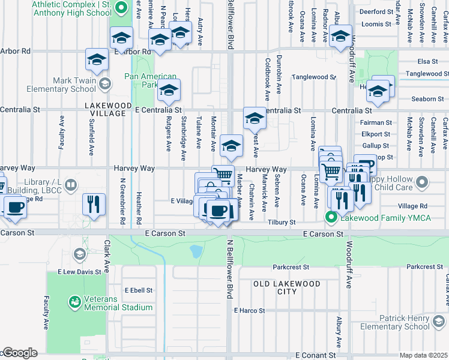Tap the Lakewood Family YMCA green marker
(x=330, y=217)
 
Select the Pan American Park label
(x=151, y=80)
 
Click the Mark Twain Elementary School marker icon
(x=105, y=83)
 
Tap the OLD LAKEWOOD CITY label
(x=274, y=287)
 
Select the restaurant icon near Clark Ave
(x=94, y=204)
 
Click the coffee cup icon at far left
(x=14, y=207)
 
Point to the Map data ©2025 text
(x=423, y=355)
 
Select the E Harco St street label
(x=249, y=310)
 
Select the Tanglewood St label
(x=313, y=77)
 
